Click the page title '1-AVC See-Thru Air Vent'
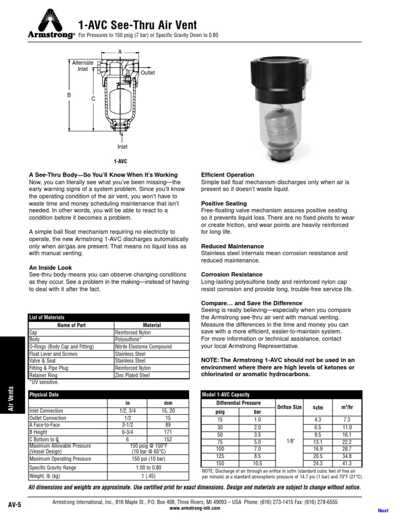pyautogui.click(x=137, y=24)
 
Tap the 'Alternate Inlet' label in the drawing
pyautogui.click(x=83, y=66)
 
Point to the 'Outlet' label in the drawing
pyautogui.click(x=147, y=73)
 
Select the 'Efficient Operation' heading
pyautogui.click(x=227, y=175)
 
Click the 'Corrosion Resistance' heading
pyautogui.click(x=230, y=274)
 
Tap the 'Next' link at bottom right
pyautogui.click(x=383, y=511)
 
